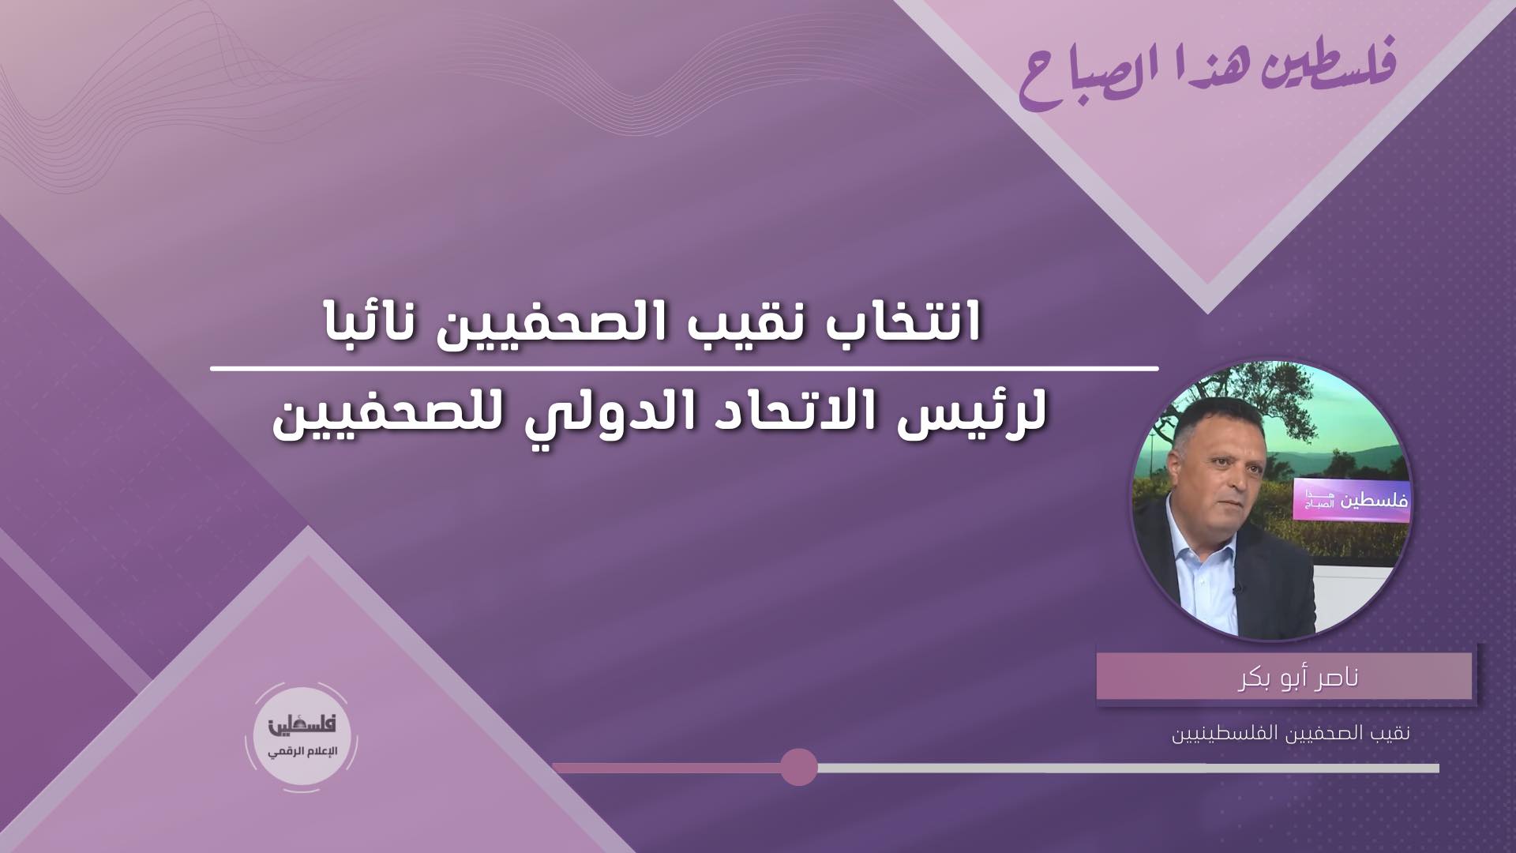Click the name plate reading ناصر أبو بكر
pyautogui.click(x=1284, y=676)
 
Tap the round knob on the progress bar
pyautogui.click(x=798, y=767)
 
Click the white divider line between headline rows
pyautogui.click(x=685, y=369)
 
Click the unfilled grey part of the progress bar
pyautogui.click(x=1128, y=768)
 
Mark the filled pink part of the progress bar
pyautogui.click(x=666, y=768)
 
